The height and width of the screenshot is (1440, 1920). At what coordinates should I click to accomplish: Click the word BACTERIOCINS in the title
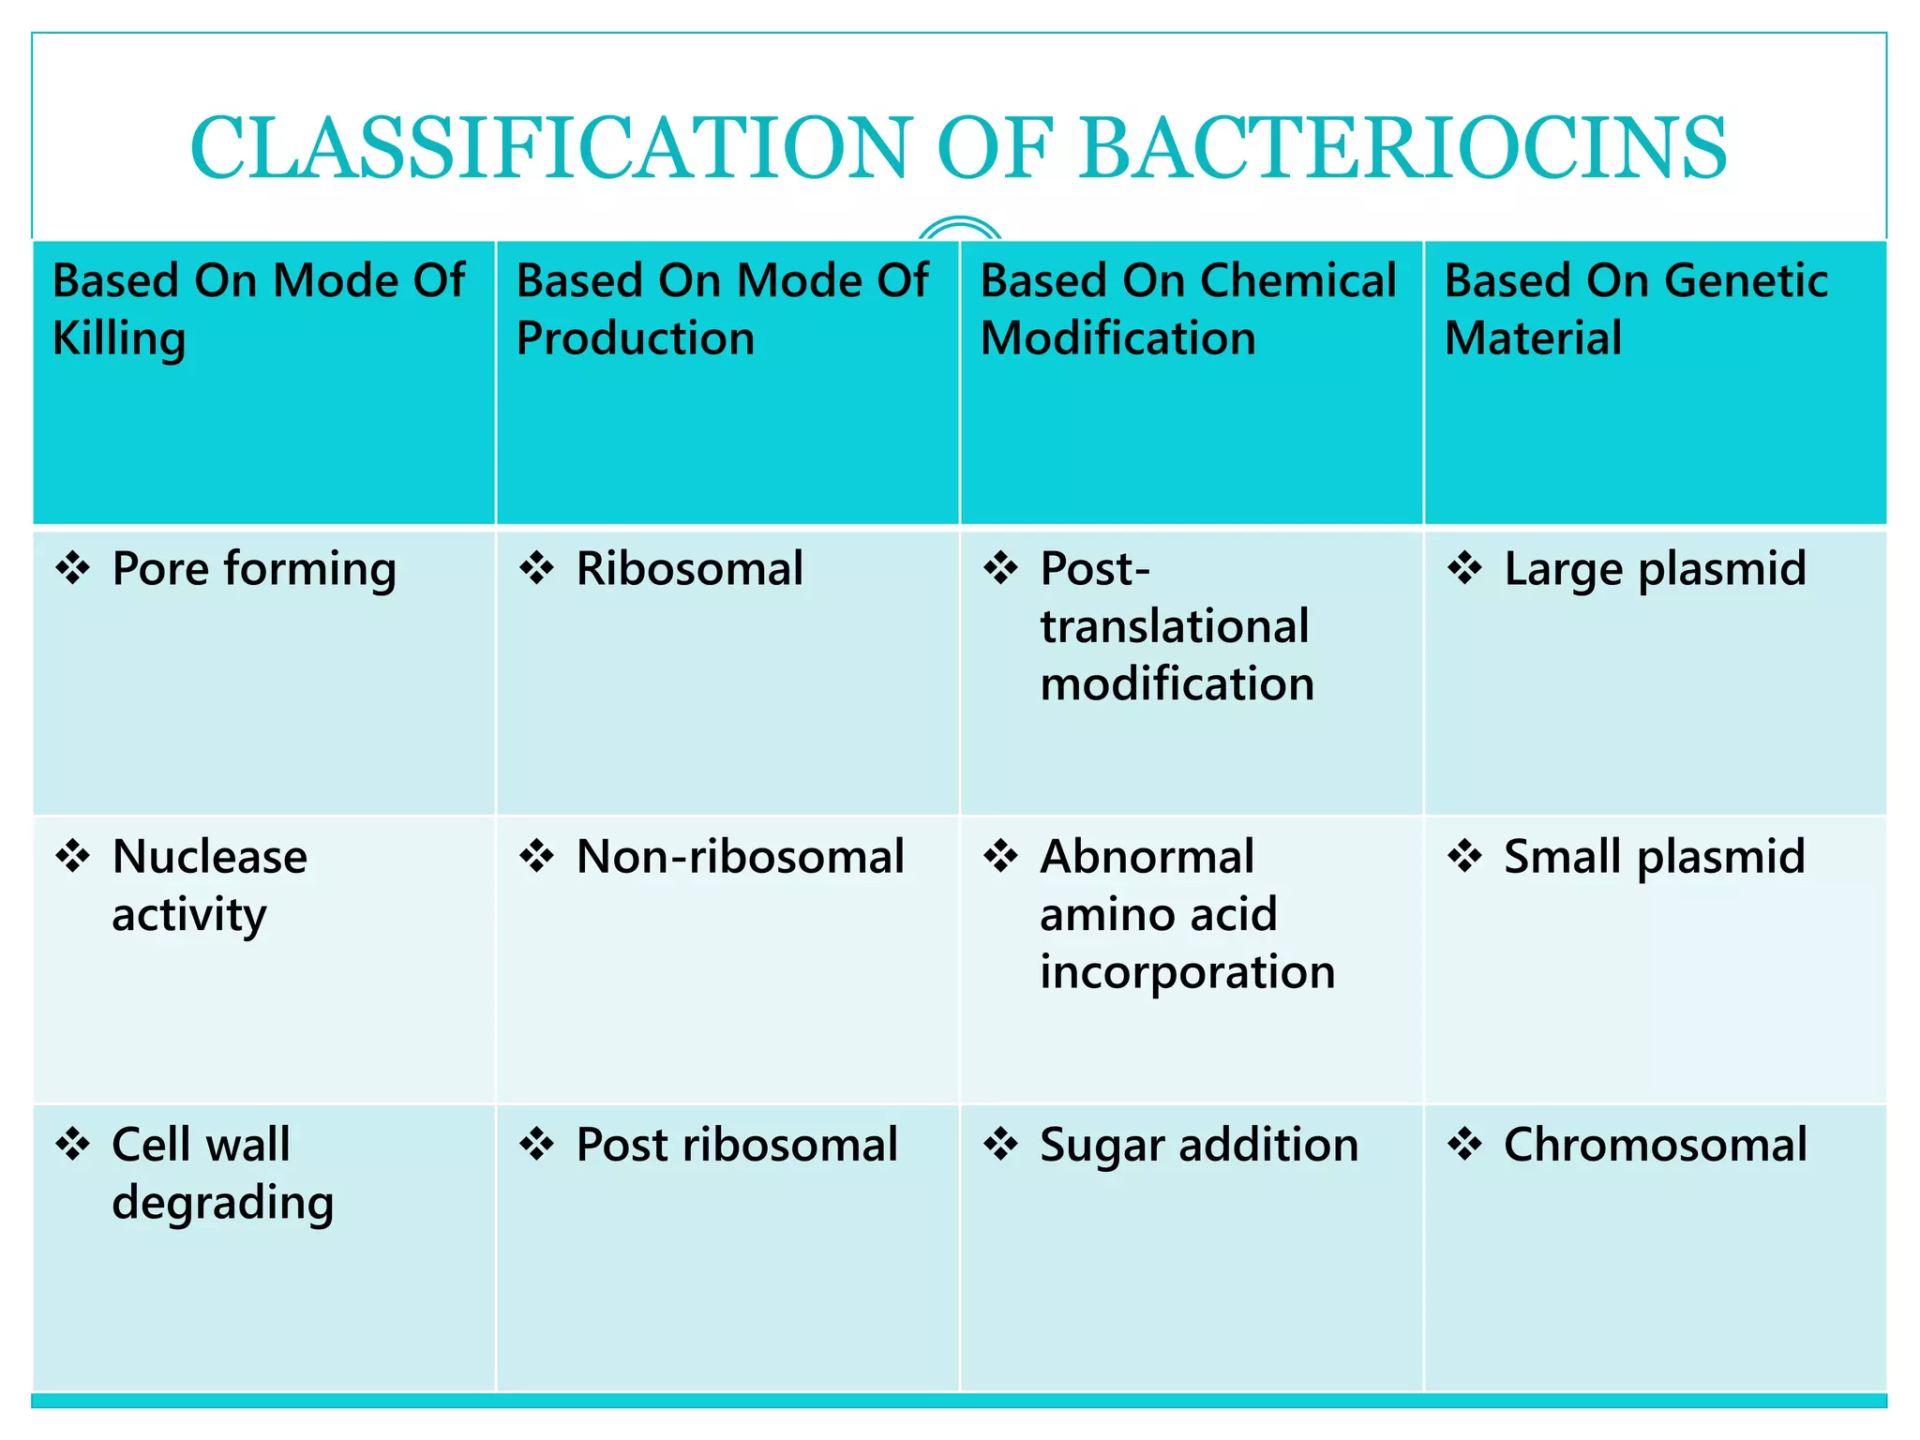coord(1402,147)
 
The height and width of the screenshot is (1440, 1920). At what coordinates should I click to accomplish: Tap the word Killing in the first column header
coord(119,339)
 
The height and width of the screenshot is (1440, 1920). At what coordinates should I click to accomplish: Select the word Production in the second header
coord(636,337)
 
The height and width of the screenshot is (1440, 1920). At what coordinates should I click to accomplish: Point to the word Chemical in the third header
coord(1297,280)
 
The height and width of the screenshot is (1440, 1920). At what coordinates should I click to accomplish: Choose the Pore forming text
coord(254,570)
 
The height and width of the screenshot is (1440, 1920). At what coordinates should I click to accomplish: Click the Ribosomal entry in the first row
coord(689,569)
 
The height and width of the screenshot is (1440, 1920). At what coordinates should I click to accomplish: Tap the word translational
coord(1174,626)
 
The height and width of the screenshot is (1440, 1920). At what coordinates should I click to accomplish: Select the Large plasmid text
coord(1655,570)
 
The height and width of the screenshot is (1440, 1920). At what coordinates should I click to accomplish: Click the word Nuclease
coord(209,857)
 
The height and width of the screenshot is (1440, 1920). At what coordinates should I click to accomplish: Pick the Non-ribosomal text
coord(740,857)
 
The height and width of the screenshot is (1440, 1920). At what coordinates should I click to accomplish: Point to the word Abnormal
coord(1147,857)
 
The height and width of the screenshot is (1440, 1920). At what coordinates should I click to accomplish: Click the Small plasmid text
coord(1655,857)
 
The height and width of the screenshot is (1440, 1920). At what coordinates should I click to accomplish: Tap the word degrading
coord(222,1204)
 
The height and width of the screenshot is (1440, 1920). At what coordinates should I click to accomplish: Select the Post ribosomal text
coord(737,1145)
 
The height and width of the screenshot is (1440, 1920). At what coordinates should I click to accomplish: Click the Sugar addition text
coord(1199,1145)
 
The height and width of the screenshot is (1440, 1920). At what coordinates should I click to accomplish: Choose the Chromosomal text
coord(1656,1145)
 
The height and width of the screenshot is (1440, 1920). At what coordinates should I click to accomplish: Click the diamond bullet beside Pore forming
coord(73,568)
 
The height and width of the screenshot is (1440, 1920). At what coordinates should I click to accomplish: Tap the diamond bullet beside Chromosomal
coord(1465,1144)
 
